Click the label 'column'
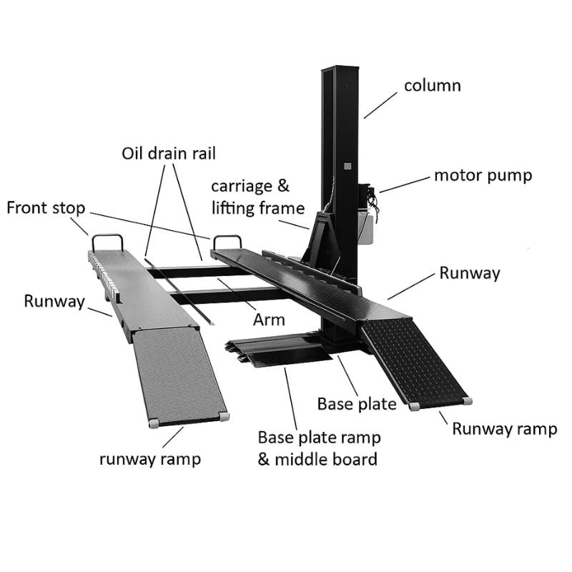[x=432, y=86]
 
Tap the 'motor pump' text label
[x=483, y=175]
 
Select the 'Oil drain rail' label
[x=168, y=153]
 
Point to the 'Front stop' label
[x=46, y=208]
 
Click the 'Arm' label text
[x=269, y=319]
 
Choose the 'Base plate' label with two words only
[x=356, y=404]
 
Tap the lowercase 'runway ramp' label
[x=150, y=458]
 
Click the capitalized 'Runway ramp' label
[x=504, y=428]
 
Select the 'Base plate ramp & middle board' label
[x=319, y=448]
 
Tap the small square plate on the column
[x=347, y=166]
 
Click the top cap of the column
[x=339, y=69]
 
